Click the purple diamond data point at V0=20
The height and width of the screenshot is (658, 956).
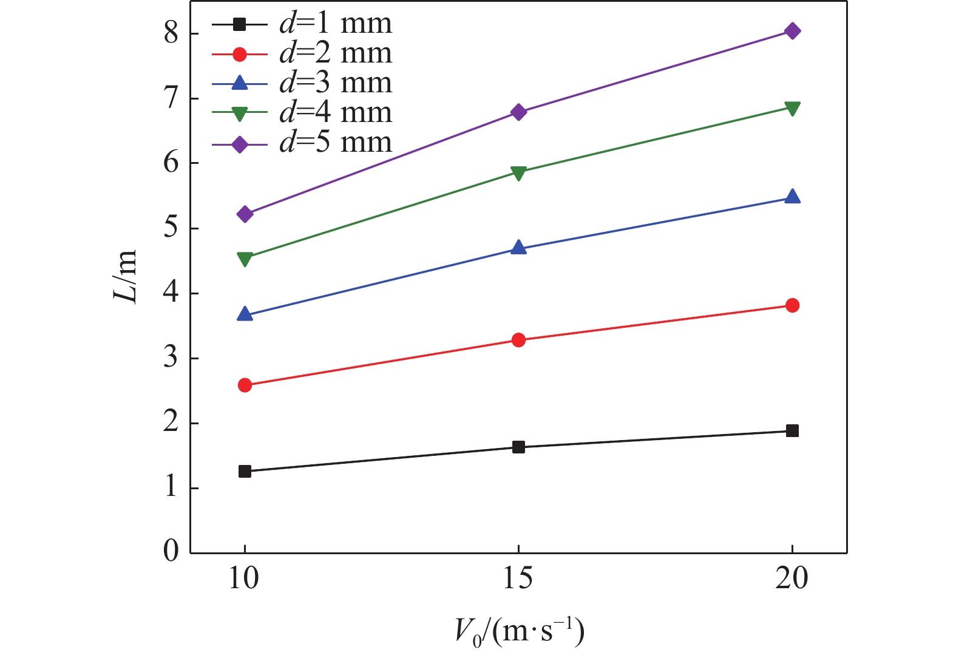tap(792, 31)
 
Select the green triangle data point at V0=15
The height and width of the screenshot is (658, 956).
tap(518, 173)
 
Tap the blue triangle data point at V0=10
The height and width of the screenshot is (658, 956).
tap(245, 314)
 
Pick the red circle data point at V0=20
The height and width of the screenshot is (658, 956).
tap(792, 305)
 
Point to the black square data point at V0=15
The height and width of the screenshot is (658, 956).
tap(518, 447)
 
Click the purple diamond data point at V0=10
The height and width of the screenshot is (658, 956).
tap(245, 214)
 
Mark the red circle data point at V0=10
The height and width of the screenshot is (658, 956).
tap(245, 385)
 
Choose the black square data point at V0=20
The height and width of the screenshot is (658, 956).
tap(792, 431)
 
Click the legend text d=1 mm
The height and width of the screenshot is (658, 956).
tap(336, 24)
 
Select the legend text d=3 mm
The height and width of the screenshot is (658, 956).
tap(336, 83)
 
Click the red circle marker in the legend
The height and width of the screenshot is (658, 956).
tap(240, 54)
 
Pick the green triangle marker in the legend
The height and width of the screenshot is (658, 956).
tap(240, 114)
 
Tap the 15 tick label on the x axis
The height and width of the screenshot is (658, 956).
tap(518, 578)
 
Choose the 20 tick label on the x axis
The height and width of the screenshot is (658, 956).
tap(792, 578)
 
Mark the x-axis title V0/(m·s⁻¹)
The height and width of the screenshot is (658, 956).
tap(519, 632)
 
